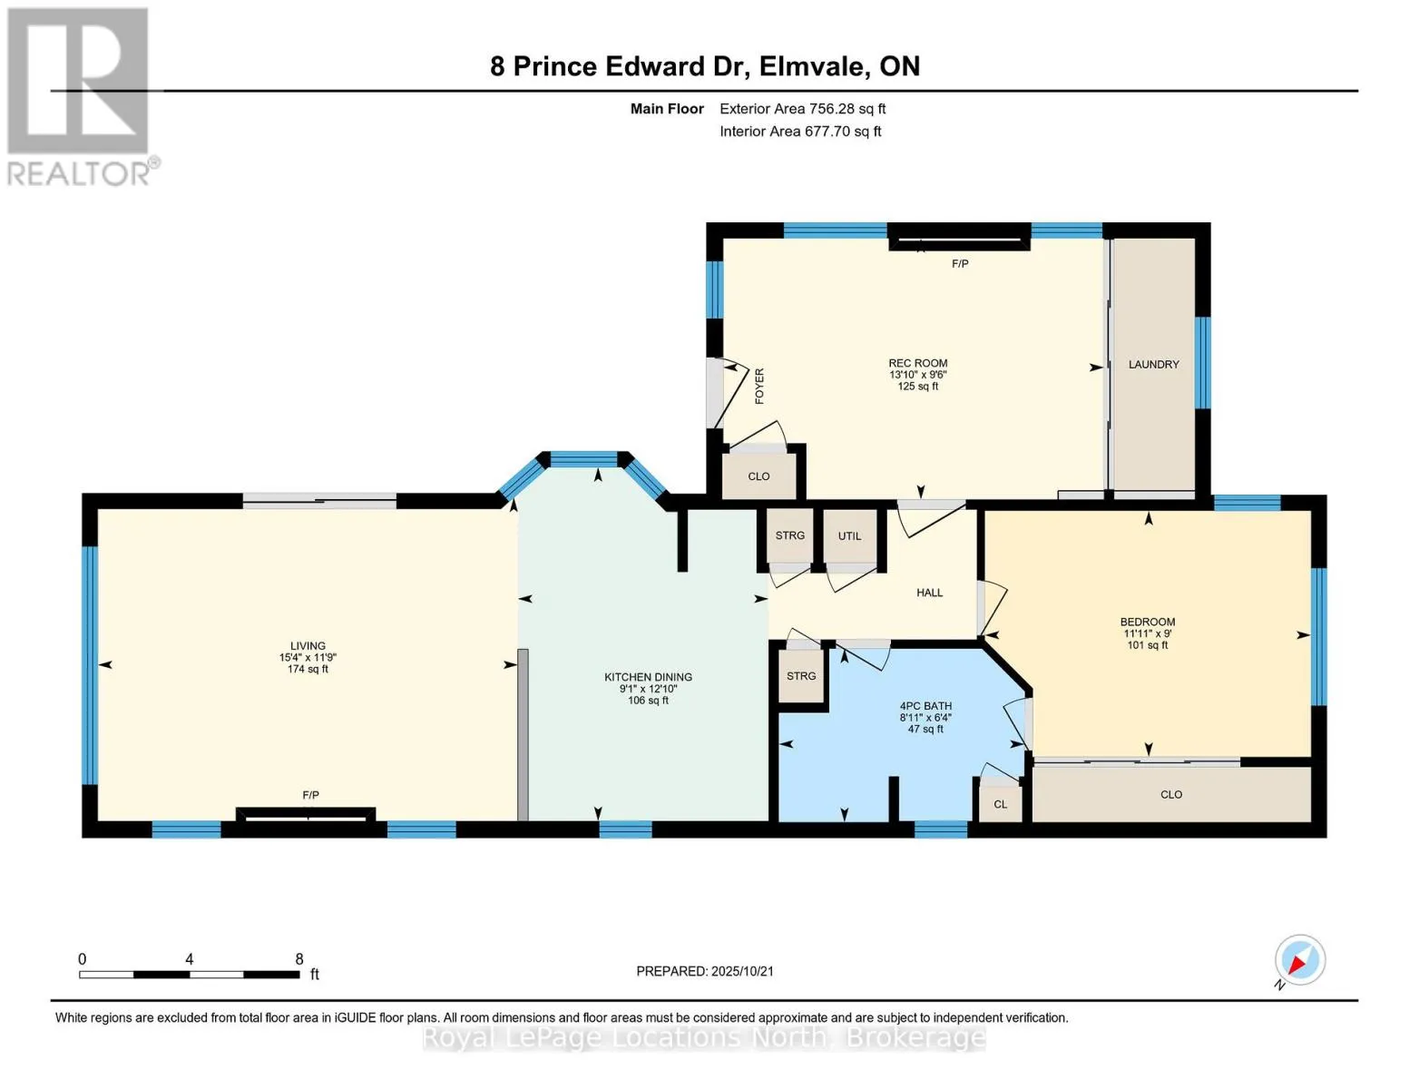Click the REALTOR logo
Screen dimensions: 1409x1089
click(81, 97)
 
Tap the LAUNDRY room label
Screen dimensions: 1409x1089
click(1153, 365)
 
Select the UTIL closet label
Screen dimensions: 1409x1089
click(849, 535)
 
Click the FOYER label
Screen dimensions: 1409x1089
click(759, 386)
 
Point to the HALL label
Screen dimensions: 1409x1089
click(929, 593)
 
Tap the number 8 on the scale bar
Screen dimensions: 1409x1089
click(298, 959)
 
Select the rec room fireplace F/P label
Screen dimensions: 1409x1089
click(960, 264)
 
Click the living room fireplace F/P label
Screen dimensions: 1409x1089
click(310, 795)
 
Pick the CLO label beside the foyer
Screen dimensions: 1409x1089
click(758, 476)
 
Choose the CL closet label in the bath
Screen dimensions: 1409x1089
click(1001, 804)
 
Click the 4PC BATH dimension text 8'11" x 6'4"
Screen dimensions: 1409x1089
click(925, 717)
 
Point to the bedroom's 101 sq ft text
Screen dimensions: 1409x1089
click(1147, 644)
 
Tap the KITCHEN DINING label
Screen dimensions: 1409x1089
click(648, 677)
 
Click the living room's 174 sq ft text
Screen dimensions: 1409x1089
click(308, 669)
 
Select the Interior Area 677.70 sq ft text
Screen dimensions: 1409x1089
click(800, 131)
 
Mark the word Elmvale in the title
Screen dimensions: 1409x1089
click(815, 66)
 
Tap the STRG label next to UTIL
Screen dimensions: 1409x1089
click(789, 535)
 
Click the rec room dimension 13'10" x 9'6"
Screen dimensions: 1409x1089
click(917, 375)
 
